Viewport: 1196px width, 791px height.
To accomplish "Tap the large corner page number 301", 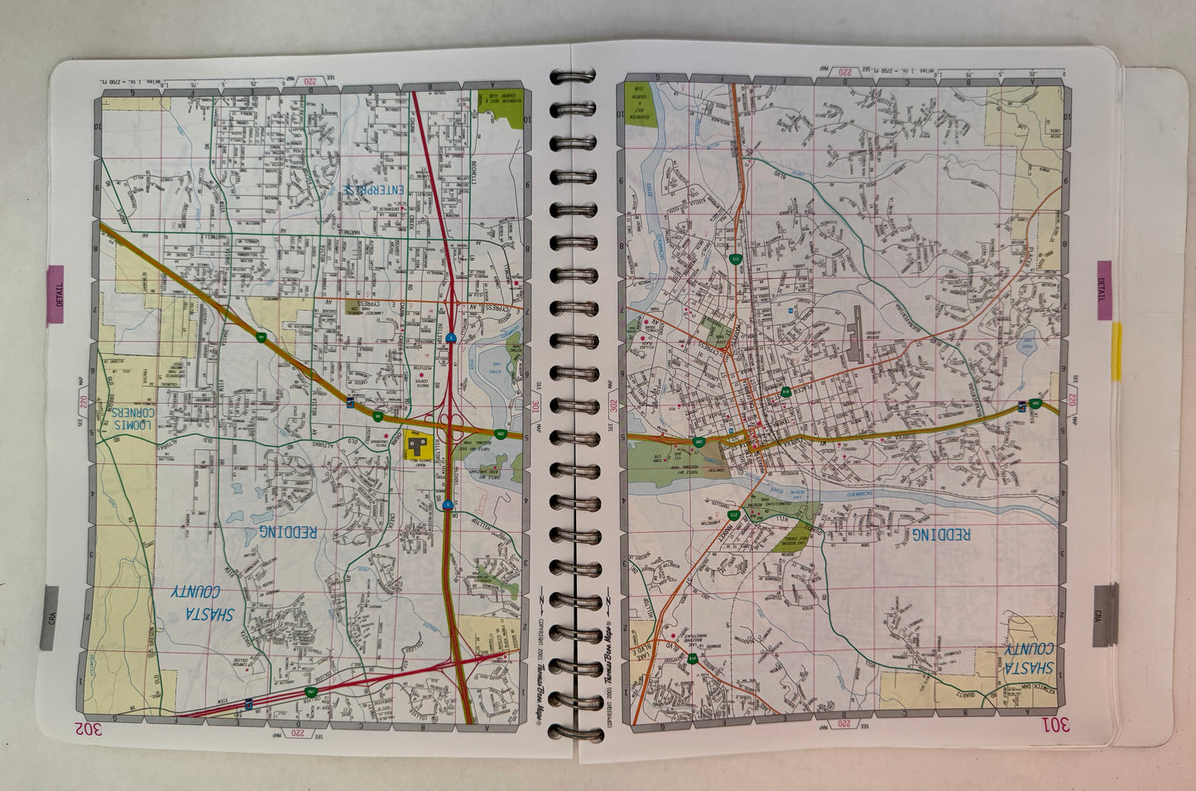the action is coord(1056,726).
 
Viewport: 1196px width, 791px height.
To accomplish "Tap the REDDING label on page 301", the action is coord(941,535).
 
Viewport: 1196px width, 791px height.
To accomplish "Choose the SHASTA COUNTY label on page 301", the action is coord(1030,659).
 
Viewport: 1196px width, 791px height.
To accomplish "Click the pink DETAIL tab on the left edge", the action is coord(57,298).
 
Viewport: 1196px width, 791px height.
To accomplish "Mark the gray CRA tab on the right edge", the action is coord(1102,614).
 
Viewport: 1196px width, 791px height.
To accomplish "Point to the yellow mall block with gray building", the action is coord(418,448).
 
